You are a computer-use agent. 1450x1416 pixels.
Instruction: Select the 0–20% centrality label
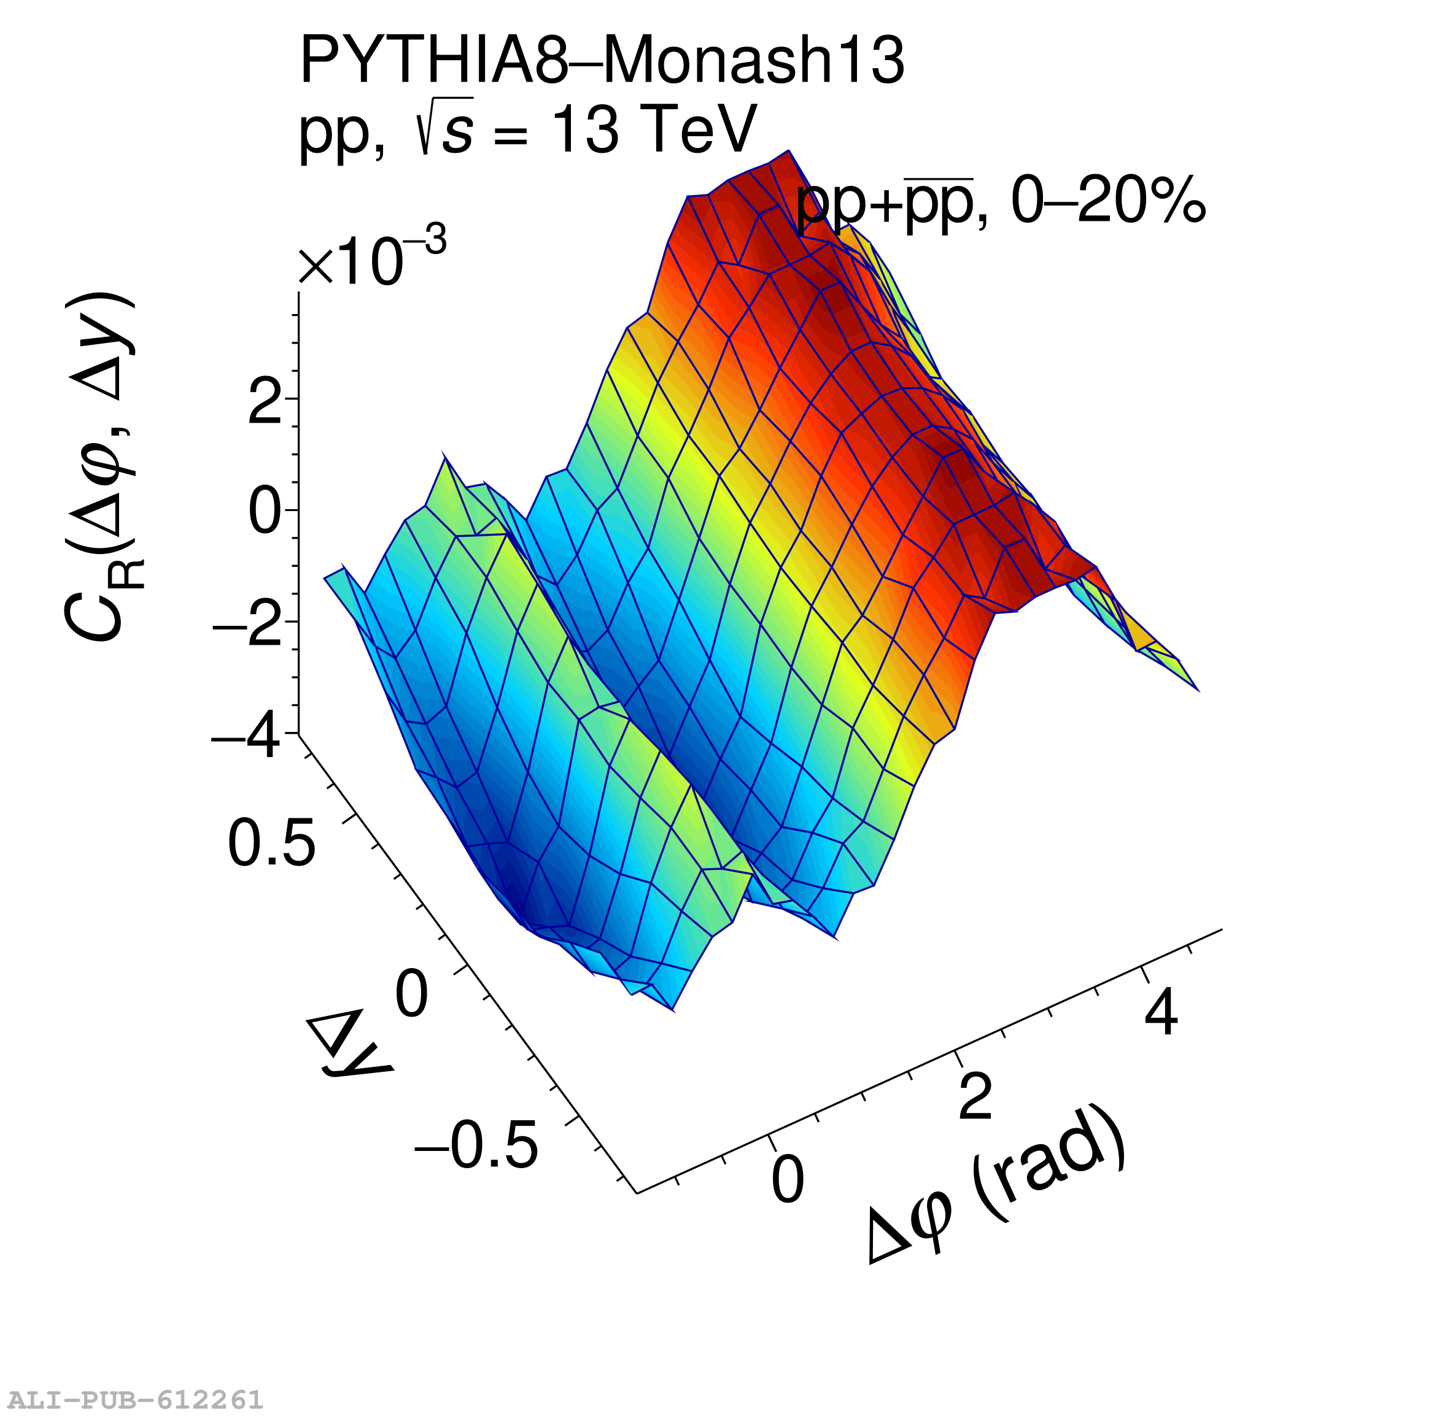click(1108, 200)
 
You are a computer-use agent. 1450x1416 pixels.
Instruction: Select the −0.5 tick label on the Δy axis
click(476, 1146)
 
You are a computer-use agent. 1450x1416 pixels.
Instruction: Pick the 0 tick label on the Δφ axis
click(787, 1180)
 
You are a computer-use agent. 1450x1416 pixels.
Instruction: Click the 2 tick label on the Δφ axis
click(975, 1096)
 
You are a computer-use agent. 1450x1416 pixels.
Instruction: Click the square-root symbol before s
click(425, 128)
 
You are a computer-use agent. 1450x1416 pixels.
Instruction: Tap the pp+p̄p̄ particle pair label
click(885, 201)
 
